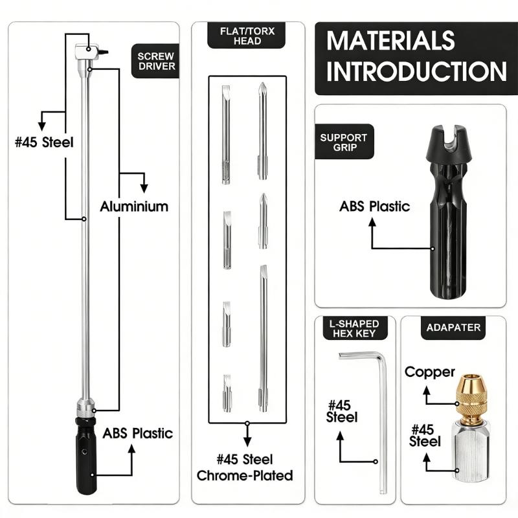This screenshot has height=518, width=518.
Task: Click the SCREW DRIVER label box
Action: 155,61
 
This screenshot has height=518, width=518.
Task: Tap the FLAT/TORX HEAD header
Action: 247,36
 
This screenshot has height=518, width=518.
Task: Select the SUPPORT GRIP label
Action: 344,142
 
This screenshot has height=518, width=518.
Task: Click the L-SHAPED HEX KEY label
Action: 354,328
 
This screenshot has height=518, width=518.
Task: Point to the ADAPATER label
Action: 453,328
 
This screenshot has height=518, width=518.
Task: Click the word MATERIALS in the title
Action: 390,41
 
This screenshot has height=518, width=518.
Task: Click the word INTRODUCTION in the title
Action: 416,71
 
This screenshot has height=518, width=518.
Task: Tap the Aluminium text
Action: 134,207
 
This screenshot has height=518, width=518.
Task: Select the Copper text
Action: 430,372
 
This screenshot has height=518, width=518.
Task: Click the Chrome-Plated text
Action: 245,475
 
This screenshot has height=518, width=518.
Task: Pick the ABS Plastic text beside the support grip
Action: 375,207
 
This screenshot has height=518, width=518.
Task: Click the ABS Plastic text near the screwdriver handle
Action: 137,433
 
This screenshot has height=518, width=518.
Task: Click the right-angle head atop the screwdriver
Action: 88,52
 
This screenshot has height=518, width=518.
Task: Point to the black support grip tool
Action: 448,212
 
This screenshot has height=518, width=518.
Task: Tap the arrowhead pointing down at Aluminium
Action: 144,188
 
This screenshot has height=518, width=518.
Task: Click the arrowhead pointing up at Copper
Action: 427,391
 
